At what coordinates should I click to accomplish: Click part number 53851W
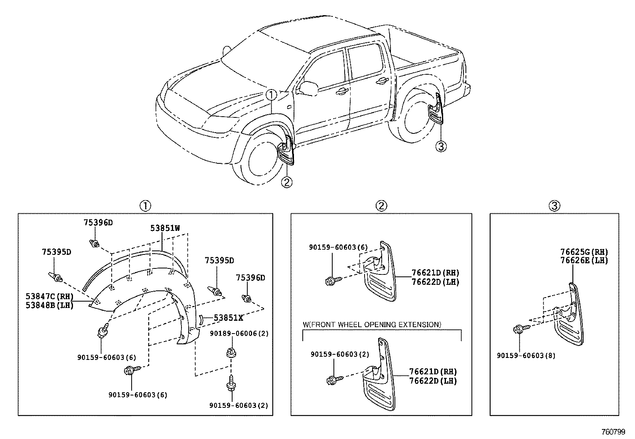(x=165, y=228)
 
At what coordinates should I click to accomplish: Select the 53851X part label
(x=229, y=318)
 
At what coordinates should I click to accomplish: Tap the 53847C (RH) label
(x=49, y=296)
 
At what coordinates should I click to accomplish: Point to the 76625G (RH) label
(x=584, y=252)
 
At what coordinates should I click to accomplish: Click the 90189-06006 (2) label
(x=239, y=334)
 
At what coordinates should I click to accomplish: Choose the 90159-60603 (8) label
(x=526, y=356)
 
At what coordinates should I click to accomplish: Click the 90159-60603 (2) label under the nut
(x=239, y=405)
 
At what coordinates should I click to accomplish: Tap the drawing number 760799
(x=613, y=432)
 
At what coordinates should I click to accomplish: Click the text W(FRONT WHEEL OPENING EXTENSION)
(x=372, y=325)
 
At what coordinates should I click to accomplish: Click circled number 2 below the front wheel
(x=287, y=182)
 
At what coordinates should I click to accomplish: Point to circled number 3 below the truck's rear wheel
(x=441, y=147)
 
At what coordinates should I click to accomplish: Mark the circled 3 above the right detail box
(x=554, y=206)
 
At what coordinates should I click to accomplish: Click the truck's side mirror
(x=308, y=88)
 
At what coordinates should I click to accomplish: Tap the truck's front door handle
(x=342, y=91)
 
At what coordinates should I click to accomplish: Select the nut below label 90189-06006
(x=231, y=352)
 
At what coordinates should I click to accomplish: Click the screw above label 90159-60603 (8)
(x=521, y=329)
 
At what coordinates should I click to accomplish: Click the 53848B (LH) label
(x=49, y=306)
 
